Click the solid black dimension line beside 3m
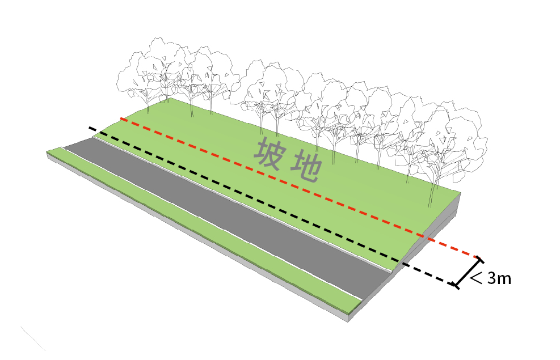(x=468, y=273)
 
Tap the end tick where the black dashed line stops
(x=455, y=285)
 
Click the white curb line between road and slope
(x=250, y=204)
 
